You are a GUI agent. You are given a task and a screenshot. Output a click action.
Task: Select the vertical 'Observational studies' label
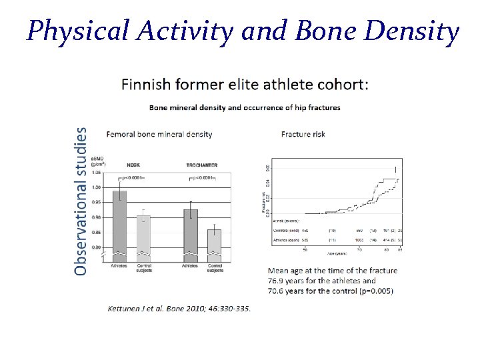(x=80, y=201)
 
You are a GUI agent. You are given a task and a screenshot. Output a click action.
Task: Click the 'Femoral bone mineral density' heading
(x=159, y=134)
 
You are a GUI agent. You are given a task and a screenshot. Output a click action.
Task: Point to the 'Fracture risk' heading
(x=303, y=134)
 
